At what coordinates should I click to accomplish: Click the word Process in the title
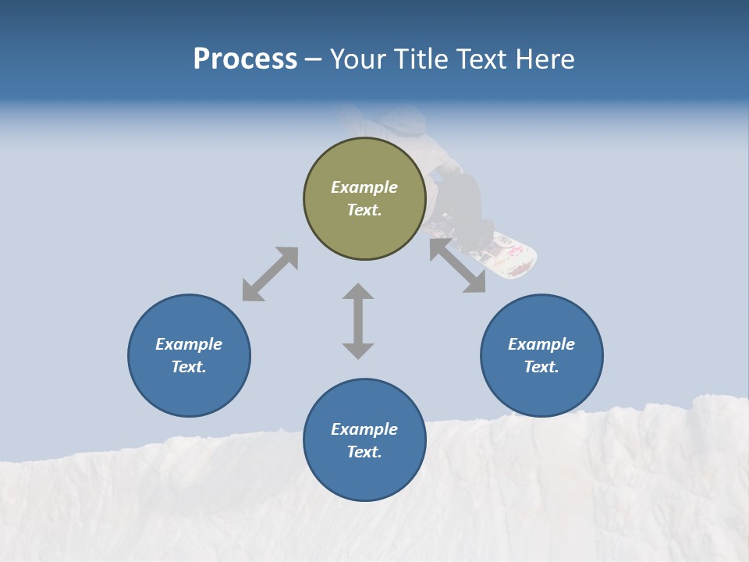point(245,59)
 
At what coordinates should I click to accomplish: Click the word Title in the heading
point(422,59)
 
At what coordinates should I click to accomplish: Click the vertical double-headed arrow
point(358,321)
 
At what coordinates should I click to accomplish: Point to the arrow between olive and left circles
point(270,274)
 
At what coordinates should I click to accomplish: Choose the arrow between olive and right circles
point(458,265)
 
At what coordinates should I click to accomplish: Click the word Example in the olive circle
point(364,187)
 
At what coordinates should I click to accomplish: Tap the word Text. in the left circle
point(189,367)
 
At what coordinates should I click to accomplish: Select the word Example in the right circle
point(541,344)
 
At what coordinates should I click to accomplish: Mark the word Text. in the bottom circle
point(364,452)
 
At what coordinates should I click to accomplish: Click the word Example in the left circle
point(189,344)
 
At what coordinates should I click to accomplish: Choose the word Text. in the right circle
point(541,367)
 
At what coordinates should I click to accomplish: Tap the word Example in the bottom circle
point(364,429)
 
